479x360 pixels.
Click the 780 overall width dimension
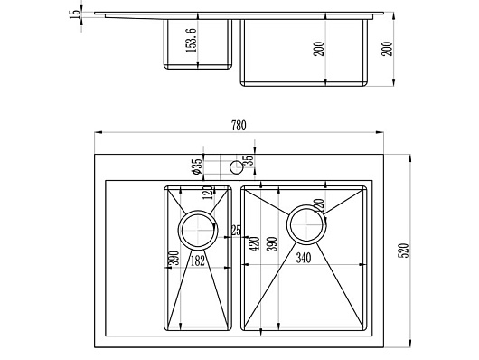point(239,126)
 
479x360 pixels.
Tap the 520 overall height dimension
point(404,251)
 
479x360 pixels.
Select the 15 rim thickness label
point(74,14)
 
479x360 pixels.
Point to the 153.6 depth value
point(192,40)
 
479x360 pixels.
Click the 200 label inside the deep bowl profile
point(318,49)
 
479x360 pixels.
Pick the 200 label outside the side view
point(387,49)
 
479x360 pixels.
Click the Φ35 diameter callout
point(197,166)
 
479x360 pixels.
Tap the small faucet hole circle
point(236,167)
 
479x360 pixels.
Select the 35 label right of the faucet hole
point(249,161)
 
